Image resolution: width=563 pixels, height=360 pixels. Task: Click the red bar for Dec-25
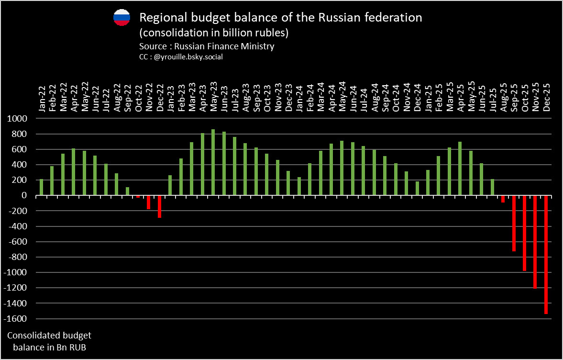point(546,254)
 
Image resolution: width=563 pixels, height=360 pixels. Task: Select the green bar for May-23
point(213,162)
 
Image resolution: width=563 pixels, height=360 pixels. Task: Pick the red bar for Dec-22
point(159,206)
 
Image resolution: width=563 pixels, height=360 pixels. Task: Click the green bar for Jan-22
point(41,187)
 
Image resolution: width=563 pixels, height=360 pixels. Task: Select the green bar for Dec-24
point(417,188)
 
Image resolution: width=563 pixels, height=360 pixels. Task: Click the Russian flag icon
point(121,17)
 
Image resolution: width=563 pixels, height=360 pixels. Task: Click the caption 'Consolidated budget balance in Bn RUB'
point(49,341)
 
